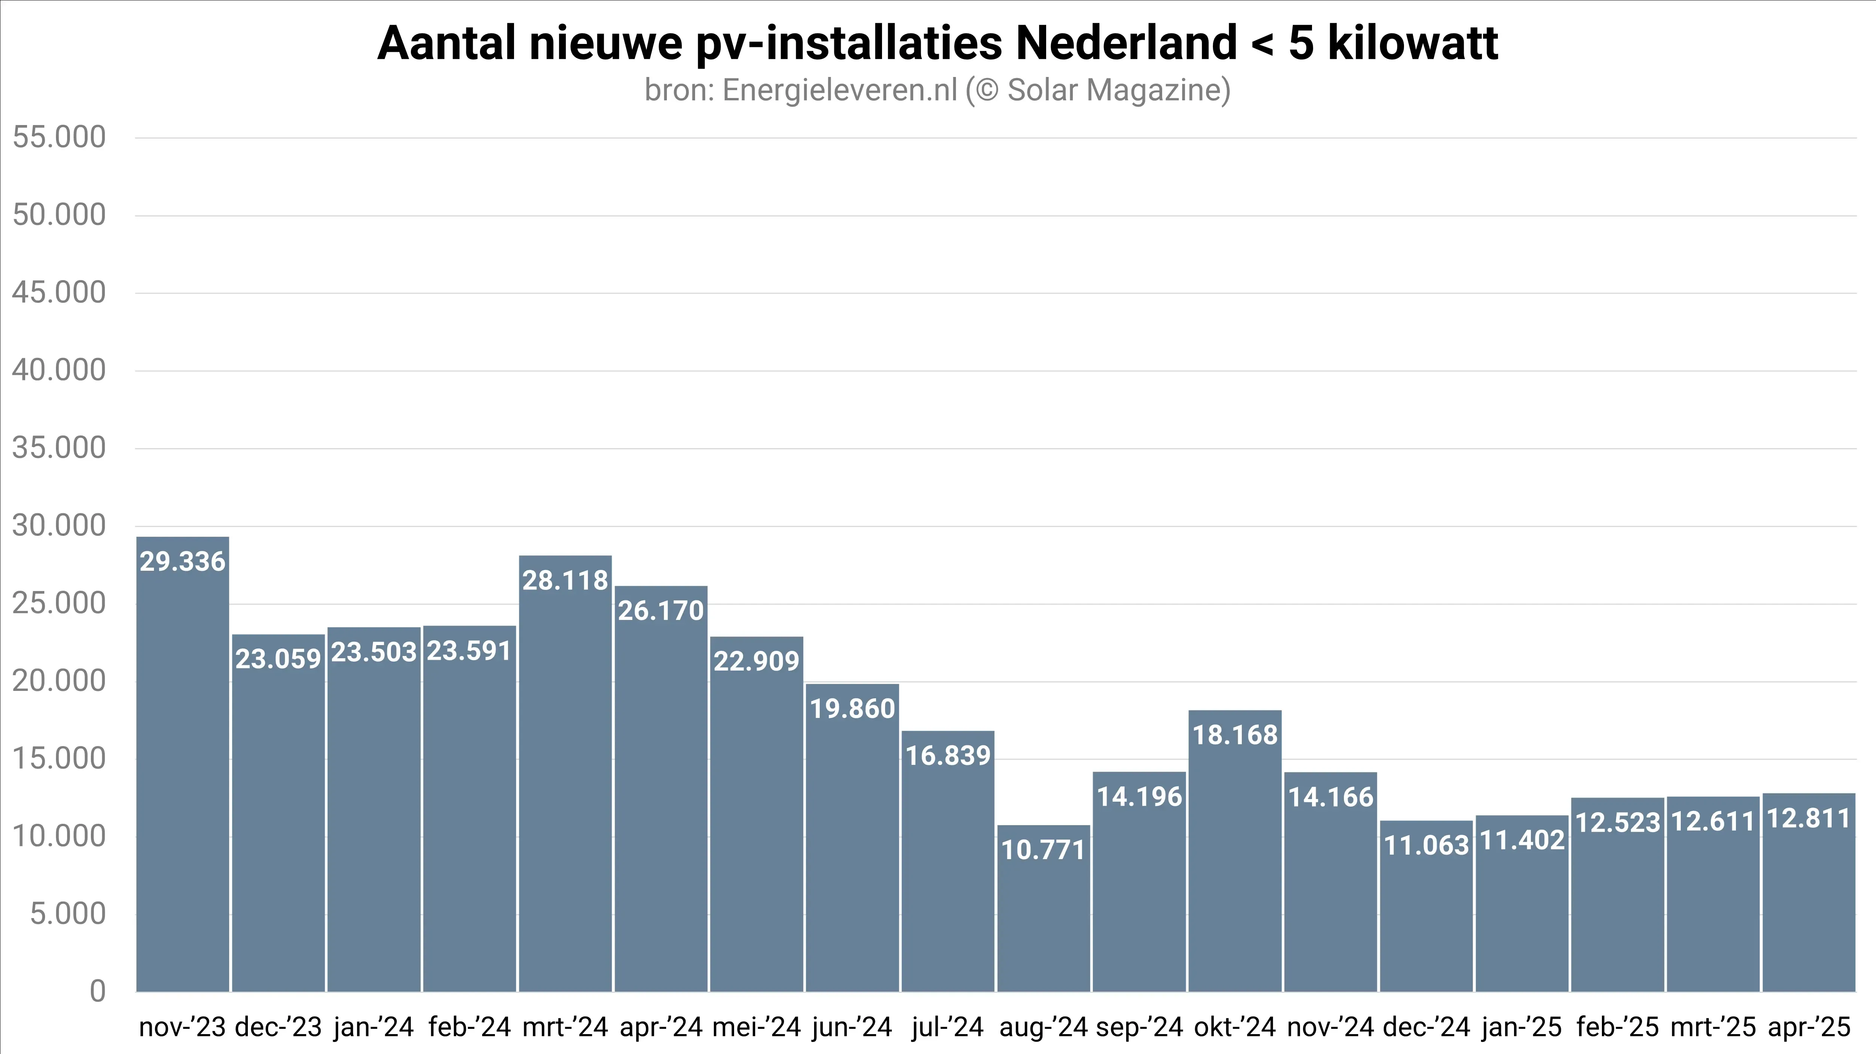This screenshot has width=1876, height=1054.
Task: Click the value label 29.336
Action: pos(183,562)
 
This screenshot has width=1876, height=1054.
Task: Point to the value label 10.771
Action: pos(1043,850)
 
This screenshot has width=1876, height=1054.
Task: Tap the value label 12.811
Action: pos(1808,819)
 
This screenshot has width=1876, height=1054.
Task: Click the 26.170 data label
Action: pos(661,611)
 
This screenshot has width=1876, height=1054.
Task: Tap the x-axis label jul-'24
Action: pos(947,1027)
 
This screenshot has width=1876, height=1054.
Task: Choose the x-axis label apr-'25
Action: pos(1808,1027)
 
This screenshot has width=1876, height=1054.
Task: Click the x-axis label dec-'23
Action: pos(278,1027)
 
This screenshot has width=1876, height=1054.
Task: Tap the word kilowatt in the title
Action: pos(1413,44)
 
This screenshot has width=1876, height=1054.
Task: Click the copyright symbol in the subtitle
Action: pos(986,91)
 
